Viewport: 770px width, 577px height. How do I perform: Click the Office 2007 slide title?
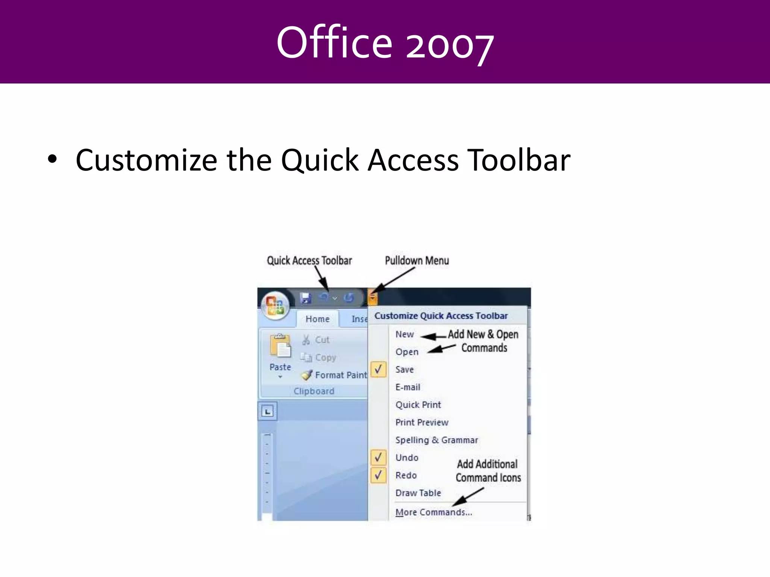click(385, 42)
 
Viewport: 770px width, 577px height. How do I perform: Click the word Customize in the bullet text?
click(146, 160)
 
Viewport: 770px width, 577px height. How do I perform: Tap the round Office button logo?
click(275, 305)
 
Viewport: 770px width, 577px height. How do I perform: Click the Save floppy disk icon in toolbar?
click(305, 298)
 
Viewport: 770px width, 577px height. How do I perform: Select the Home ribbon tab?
click(317, 319)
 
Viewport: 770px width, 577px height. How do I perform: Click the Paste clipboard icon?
click(280, 346)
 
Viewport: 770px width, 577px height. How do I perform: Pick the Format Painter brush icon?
click(307, 375)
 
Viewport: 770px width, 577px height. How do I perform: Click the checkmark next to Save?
click(378, 369)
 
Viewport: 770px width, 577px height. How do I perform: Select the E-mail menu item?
click(408, 387)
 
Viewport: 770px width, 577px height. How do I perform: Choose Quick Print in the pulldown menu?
click(418, 405)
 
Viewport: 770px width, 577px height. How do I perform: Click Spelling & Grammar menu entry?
click(437, 440)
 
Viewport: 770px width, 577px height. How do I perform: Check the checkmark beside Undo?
click(378, 457)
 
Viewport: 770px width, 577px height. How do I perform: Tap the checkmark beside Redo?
click(378, 475)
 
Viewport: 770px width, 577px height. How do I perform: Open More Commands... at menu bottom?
click(434, 512)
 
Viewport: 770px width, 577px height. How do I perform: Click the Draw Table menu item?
click(418, 493)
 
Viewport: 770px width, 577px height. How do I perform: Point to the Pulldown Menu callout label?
click(417, 260)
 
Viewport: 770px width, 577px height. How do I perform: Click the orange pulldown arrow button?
click(372, 298)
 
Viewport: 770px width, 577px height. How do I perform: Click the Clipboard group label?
click(314, 391)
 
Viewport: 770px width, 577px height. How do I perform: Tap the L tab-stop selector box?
click(267, 411)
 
